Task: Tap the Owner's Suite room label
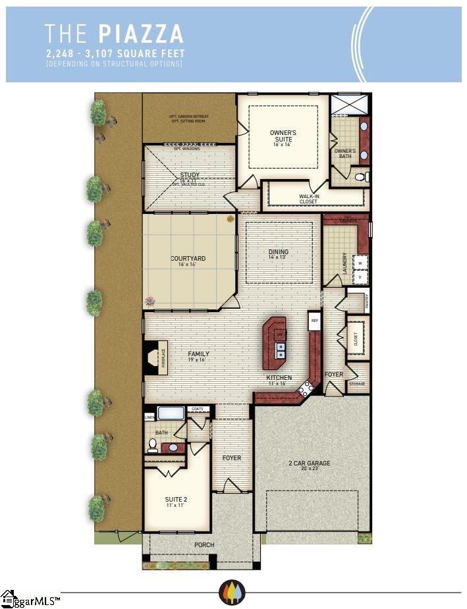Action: coord(283,136)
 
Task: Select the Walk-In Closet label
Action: coord(308,199)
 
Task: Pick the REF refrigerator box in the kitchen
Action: coord(314,322)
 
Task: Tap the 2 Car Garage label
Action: coord(309,463)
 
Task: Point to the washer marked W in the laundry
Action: coord(360,263)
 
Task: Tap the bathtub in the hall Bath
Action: coord(171,413)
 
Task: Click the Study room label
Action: coord(190,175)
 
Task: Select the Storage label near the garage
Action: coord(357,383)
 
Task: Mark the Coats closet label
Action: coord(197,409)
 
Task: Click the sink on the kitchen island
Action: coord(280,350)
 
